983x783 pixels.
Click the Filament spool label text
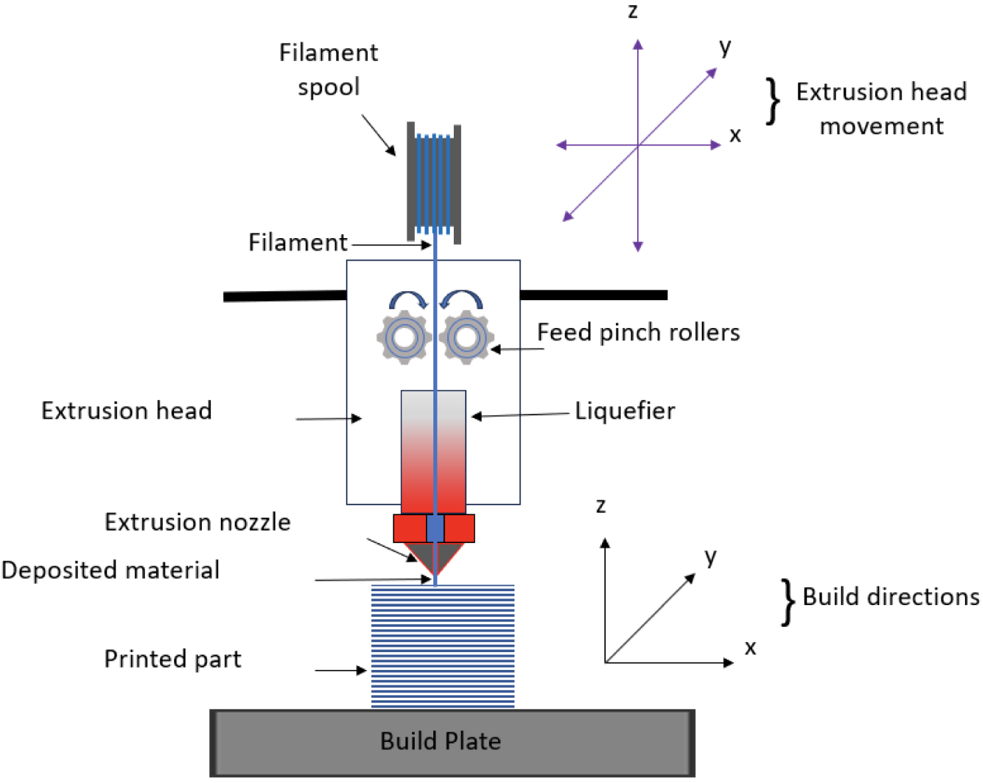329,69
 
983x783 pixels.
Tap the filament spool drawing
434,183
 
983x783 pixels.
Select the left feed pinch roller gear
404,338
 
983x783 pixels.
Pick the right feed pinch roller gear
467,338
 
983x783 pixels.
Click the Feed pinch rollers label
638,332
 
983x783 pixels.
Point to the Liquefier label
624,411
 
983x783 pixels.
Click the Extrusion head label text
126,411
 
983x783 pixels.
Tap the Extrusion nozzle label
197,522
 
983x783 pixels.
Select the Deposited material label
110,570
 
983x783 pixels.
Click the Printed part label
173,659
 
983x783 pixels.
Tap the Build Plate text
441,741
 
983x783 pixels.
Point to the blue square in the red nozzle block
435,528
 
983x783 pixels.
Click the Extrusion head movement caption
881,108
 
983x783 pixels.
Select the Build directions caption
890,597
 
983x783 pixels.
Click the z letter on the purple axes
633,11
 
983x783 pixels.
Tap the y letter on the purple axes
726,47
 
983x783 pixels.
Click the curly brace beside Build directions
788,602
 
